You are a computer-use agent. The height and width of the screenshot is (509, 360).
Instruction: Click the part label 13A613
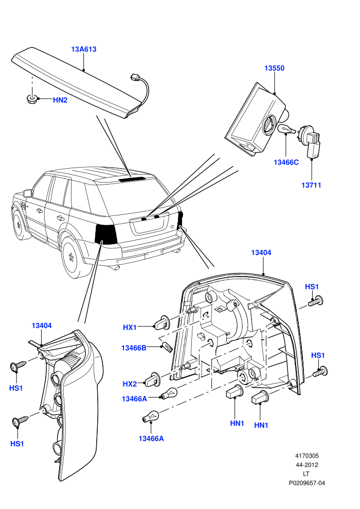[84, 49]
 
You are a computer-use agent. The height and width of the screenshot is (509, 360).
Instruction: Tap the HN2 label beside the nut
[60, 100]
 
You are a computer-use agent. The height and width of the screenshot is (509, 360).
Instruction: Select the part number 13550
[274, 68]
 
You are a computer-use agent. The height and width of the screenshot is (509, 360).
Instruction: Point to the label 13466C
[286, 162]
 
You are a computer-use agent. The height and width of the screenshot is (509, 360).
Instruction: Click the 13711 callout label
[311, 185]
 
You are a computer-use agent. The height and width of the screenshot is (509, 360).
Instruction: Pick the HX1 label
[130, 328]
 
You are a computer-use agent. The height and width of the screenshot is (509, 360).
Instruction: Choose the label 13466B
[134, 348]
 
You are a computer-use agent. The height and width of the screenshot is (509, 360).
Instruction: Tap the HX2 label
[130, 384]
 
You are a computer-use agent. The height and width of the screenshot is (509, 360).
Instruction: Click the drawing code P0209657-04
[307, 483]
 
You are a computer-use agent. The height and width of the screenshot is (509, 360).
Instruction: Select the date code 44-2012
[307, 465]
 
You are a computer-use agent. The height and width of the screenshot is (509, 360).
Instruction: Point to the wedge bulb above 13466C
[286, 130]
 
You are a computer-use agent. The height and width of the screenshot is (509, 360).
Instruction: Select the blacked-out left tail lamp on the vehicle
[106, 234]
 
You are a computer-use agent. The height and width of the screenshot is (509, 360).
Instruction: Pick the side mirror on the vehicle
[28, 193]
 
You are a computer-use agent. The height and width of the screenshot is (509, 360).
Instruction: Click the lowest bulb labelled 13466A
[150, 416]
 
